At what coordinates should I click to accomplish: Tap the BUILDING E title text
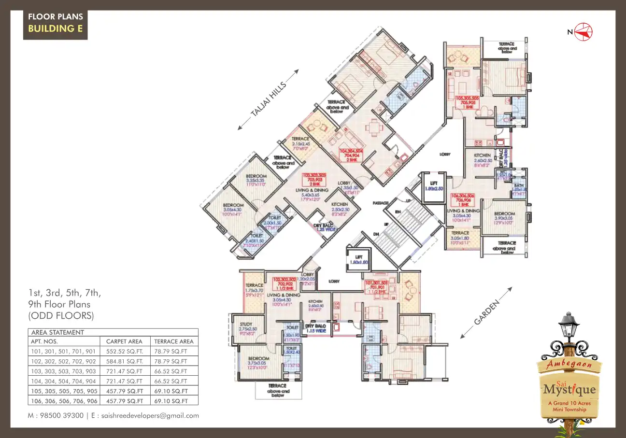(x=55, y=28)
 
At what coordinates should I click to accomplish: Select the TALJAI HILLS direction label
(x=269, y=99)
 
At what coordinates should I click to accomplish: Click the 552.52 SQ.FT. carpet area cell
(x=125, y=351)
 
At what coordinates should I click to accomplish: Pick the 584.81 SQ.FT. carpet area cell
(x=125, y=361)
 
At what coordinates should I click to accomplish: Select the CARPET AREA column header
(x=124, y=341)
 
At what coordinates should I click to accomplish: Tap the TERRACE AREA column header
(x=173, y=341)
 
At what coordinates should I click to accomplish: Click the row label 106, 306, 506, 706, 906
(x=64, y=401)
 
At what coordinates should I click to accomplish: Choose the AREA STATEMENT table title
(x=57, y=332)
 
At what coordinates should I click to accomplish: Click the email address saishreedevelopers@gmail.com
(x=150, y=416)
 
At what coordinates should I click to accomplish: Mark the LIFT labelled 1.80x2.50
(x=433, y=185)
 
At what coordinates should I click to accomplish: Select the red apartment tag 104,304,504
(x=351, y=154)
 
